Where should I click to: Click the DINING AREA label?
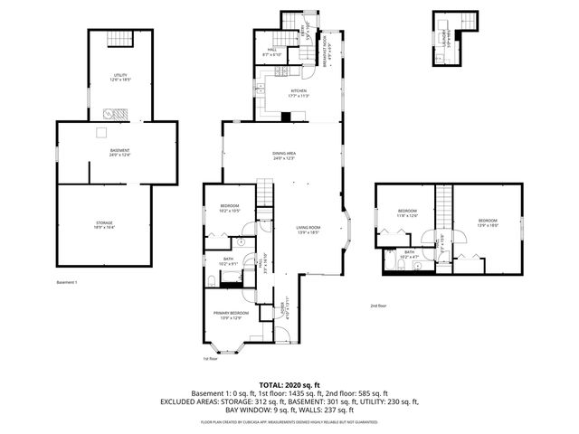pos(284,156)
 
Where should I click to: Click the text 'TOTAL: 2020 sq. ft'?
pos(289,384)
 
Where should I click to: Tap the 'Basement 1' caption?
pos(67,283)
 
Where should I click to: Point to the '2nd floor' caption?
pos(378,306)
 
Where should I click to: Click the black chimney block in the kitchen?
pos(286,117)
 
